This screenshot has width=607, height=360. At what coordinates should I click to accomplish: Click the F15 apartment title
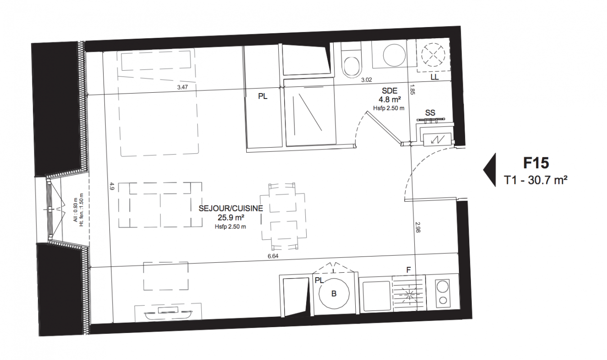(536, 163)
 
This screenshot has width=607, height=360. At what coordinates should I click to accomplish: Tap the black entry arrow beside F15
(490, 170)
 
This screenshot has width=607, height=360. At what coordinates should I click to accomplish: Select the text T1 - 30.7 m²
(535, 180)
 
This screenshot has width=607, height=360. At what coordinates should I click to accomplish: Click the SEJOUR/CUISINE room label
(231, 208)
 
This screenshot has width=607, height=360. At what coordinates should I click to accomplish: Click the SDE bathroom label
(390, 91)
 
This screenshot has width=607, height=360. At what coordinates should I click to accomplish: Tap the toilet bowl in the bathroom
(352, 66)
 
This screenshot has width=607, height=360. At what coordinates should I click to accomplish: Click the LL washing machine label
(435, 77)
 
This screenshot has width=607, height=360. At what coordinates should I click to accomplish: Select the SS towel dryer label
(430, 112)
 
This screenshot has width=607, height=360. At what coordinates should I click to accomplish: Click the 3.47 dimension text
(182, 87)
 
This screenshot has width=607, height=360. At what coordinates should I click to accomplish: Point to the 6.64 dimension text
(273, 256)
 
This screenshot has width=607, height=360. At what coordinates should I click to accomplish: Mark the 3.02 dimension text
(367, 80)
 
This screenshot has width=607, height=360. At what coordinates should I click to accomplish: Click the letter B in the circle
(334, 294)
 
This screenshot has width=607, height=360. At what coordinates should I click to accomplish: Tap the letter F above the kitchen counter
(408, 270)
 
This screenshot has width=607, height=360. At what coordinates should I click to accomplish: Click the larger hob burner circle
(443, 286)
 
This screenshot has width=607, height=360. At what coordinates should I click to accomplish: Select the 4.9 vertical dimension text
(112, 186)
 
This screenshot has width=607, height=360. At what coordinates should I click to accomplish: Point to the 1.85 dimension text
(412, 90)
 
